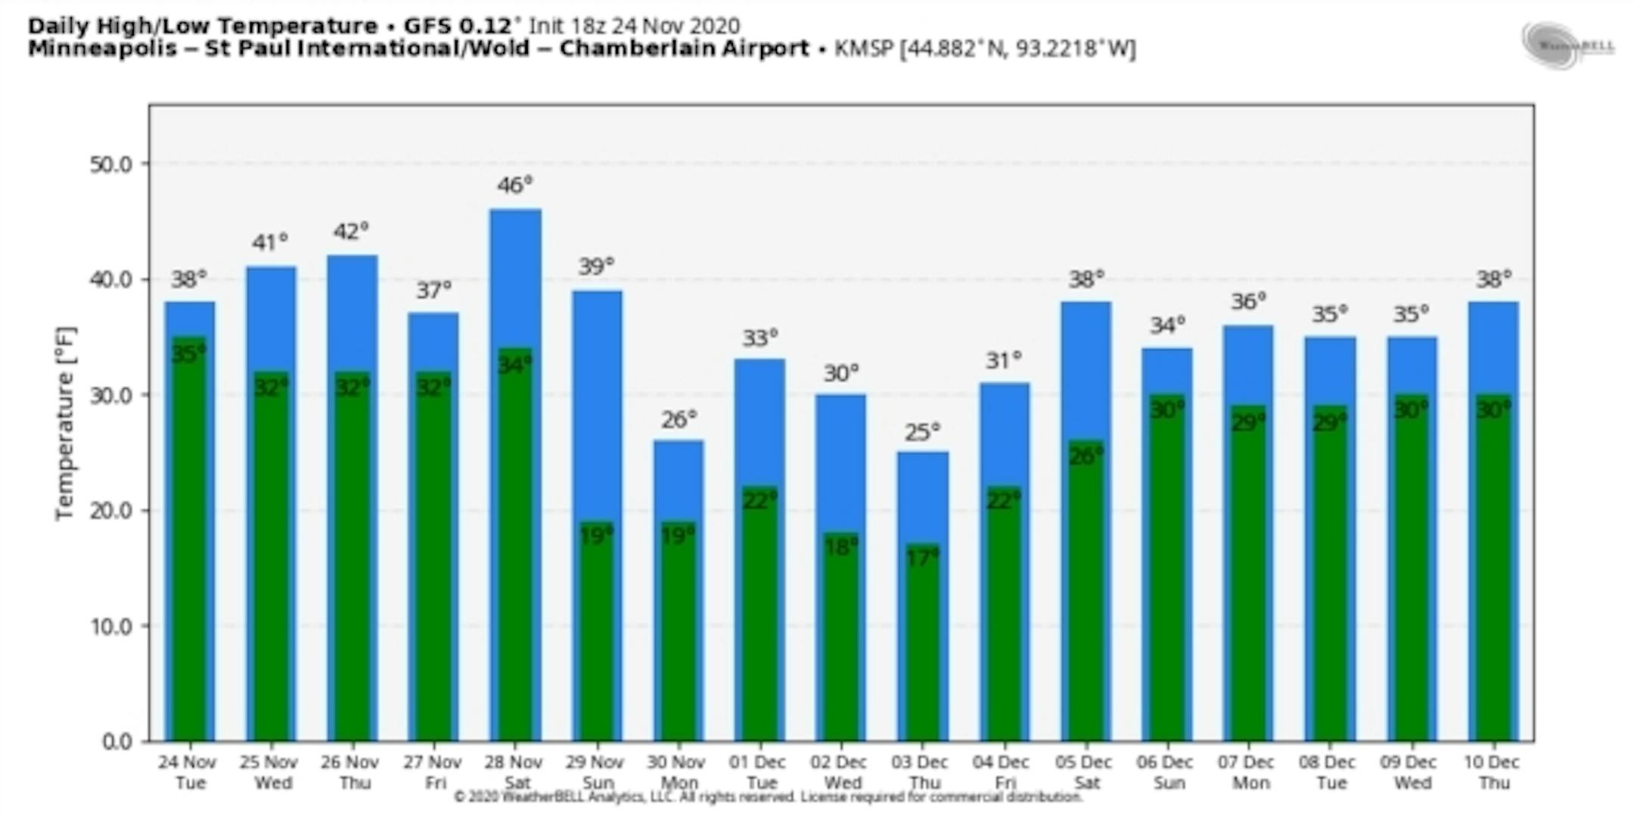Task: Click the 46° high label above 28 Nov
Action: [x=514, y=185]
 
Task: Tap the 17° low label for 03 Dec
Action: [x=922, y=558]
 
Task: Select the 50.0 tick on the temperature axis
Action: [x=110, y=164]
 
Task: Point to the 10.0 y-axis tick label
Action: [x=110, y=627]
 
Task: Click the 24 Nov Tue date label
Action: [x=188, y=772]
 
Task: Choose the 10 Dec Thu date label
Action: [x=1493, y=772]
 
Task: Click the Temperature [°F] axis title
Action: [x=66, y=423]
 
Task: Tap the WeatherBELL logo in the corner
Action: [x=1568, y=46]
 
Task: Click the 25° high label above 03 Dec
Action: [x=922, y=432]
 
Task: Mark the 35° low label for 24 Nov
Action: [x=188, y=353]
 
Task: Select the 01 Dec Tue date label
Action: [x=760, y=772]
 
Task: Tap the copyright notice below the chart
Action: [x=768, y=797]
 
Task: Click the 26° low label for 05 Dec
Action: [x=1086, y=456]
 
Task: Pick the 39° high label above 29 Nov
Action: [x=596, y=266]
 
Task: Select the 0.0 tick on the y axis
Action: [x=116, y=742]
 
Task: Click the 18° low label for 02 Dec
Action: [x=841, y=546]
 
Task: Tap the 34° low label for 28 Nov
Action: [x=514, y=365]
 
